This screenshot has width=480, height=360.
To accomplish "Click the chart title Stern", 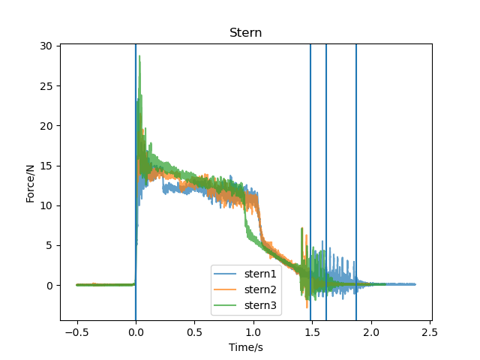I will pyautogui.click(x=245, y=33).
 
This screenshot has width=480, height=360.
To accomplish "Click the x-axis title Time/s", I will pyautogui.click(x=245, y=347).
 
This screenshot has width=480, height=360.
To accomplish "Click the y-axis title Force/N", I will pyautogui.click(x=30, y=182).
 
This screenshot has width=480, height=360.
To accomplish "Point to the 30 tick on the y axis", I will pyautogui.click(x=46, y=46).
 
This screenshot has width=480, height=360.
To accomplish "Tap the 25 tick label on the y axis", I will pyautogui.click(x=46, y=85).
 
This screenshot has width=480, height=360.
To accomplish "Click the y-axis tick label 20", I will pyautogui.click(x=46, y=125).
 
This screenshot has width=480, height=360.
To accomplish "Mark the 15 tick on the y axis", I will pyautogui.click(x=46, y=166).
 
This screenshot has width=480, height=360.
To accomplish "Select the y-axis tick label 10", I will pyautogui.click(x=46, y=205).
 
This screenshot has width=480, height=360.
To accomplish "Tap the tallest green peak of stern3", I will pyautogui.click(x=139, y=57).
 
